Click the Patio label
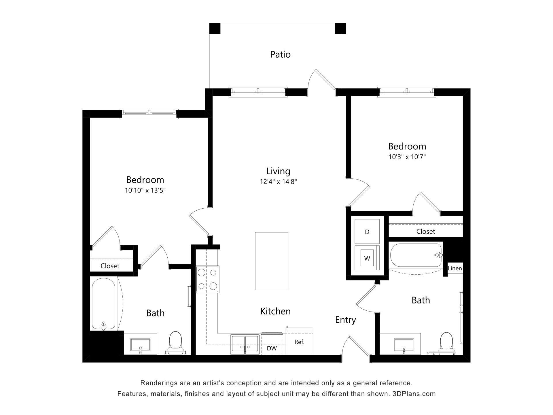click(280, 54)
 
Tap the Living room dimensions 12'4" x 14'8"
click(278, 182)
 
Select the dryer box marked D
click(367, 232)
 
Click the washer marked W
click(367, 258)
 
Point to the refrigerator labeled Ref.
click(299, 342)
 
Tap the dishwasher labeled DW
click(272, 348)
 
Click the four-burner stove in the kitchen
click(207, 279)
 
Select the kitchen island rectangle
click(271, 261)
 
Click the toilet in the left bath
click(175, 342)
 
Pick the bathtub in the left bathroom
click(104, 304)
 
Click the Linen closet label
click(455, 268)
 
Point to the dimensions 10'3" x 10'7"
click(407, 157)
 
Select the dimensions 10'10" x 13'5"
click(145, 190)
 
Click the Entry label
click(345, 320)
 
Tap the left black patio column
click(215, 29)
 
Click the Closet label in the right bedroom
click(425, 231)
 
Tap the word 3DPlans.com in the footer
click(414, 394)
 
